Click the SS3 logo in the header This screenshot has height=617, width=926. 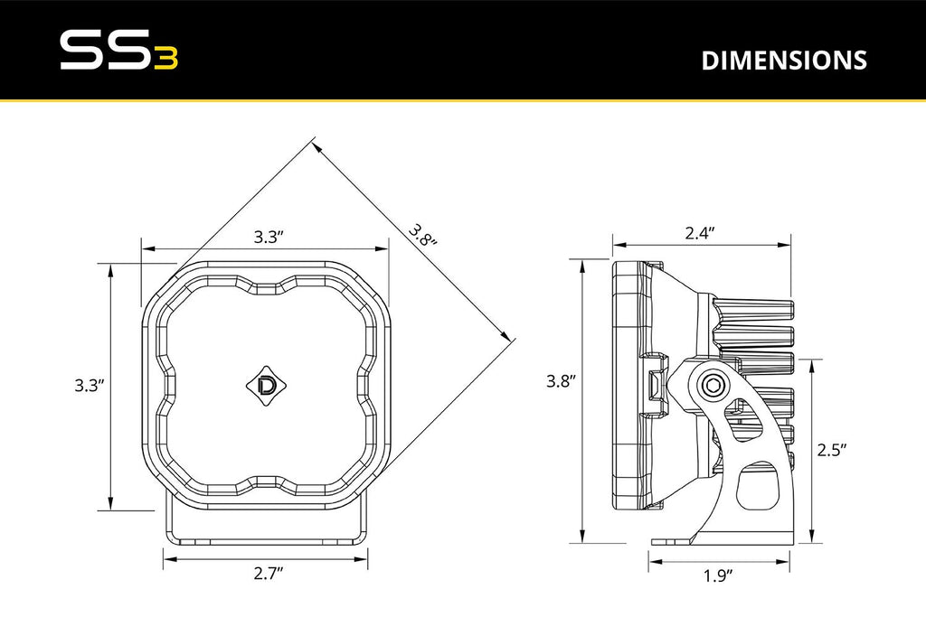point(118,51)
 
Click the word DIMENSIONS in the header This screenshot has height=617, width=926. point(784,61)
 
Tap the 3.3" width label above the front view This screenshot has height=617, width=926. point(269,238)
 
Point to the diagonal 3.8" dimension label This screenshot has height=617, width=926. point(422,236)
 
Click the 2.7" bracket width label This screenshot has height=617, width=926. point(269,573)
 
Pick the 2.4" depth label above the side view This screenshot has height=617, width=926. point(700,233)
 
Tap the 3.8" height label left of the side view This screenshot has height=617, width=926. point(561,381)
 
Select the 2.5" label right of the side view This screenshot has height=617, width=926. point(831,450)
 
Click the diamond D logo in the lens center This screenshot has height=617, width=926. point(269,383)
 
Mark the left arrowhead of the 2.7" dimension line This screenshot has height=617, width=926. point(167,557)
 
